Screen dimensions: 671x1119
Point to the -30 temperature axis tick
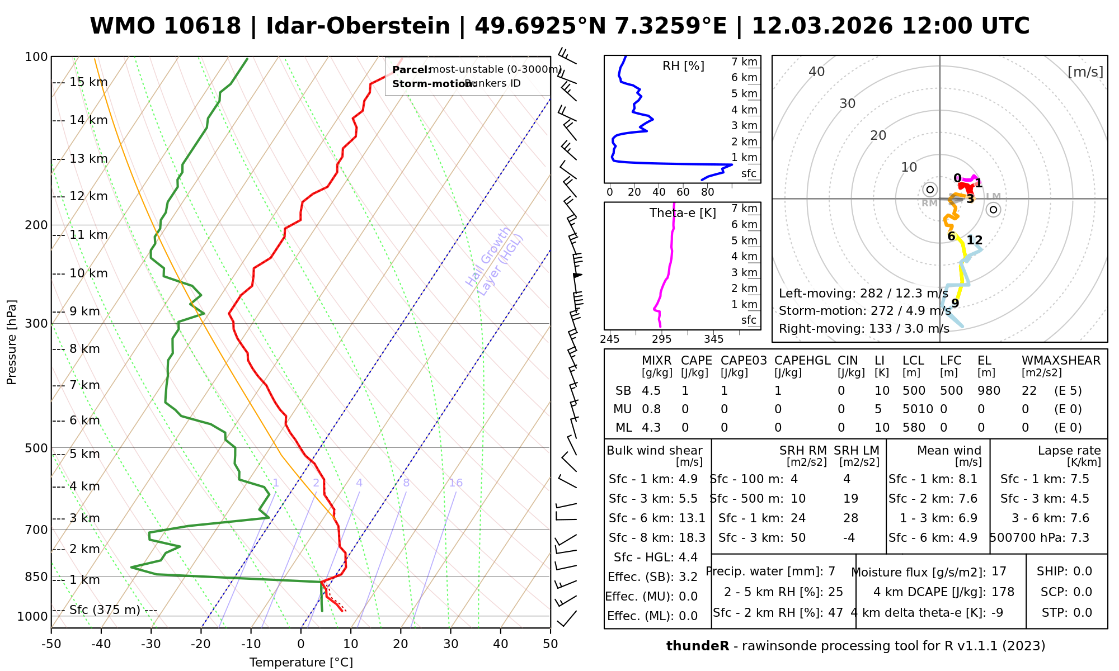[151, 644]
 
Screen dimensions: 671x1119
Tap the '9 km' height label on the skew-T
[84, 311]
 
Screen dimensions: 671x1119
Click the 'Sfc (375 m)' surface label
[105, 609]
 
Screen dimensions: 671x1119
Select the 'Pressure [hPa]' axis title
[12, 342]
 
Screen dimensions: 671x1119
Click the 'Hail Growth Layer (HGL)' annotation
[495, 261]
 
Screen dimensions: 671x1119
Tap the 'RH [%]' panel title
[683, 66]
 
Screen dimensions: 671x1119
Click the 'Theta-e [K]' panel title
[683, 213]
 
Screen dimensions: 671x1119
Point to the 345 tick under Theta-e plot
[713, 339]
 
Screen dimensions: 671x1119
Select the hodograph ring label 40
[817, 72]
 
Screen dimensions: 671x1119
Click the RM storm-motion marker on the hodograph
[930, 190]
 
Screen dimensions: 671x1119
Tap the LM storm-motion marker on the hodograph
[993, 210]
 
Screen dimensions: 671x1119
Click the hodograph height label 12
[975, 240]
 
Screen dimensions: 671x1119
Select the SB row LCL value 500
[914, 391]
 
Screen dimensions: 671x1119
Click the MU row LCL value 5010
[918, 409]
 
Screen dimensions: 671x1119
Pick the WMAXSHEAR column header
[1061, 361]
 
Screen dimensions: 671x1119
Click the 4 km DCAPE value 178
[1003, 592]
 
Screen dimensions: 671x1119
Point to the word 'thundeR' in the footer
[697, 646]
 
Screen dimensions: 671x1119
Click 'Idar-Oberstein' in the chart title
[358, 26]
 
